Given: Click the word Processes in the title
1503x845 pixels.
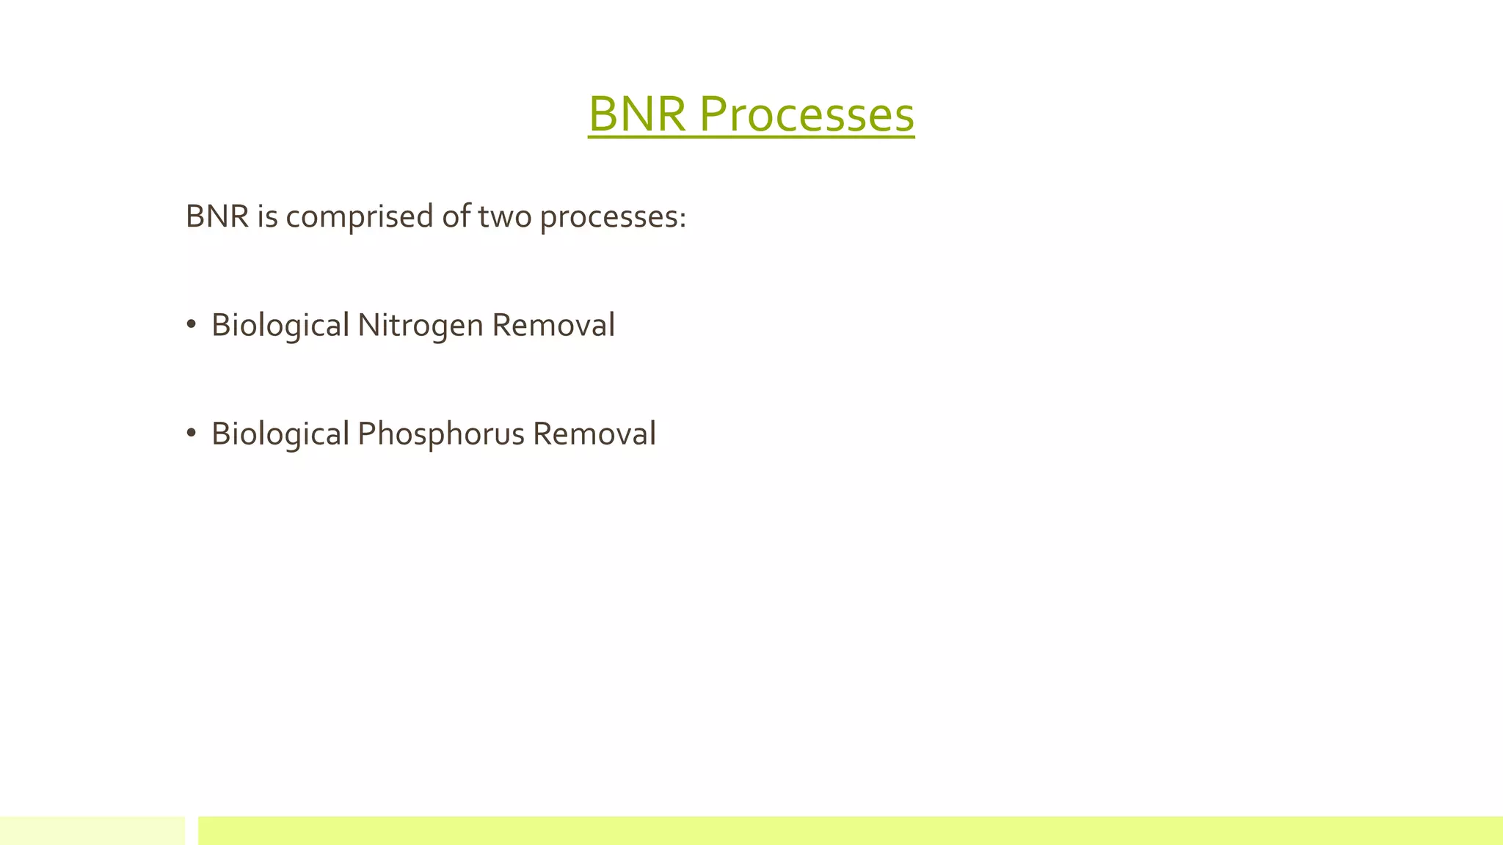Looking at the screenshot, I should click(x=806, y=114).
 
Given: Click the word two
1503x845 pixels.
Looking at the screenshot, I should click(x=505, y=216).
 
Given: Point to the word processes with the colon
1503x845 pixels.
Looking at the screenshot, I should click(x=612, y=217).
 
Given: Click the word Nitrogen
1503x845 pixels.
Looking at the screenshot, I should click(x=421, y=326).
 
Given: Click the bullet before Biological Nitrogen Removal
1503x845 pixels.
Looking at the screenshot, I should click(x=191, y=324).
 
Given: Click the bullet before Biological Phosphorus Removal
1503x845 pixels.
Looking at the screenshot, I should click(x=191, y=433).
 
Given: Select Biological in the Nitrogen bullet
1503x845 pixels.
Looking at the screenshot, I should click(x=280, y=326).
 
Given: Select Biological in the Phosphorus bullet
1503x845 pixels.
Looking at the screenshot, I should click(x=280, y=434).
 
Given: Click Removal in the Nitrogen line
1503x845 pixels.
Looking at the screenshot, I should click(x=553, y=325).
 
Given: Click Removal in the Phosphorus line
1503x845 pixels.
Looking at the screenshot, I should click(x=594, y=434).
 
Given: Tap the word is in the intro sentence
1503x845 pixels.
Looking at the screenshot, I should click(x=267, y=216).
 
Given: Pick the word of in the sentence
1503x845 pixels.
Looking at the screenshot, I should click(x=455, y=216).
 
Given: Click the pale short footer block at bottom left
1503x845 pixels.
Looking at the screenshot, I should click(x=92, y=830).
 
